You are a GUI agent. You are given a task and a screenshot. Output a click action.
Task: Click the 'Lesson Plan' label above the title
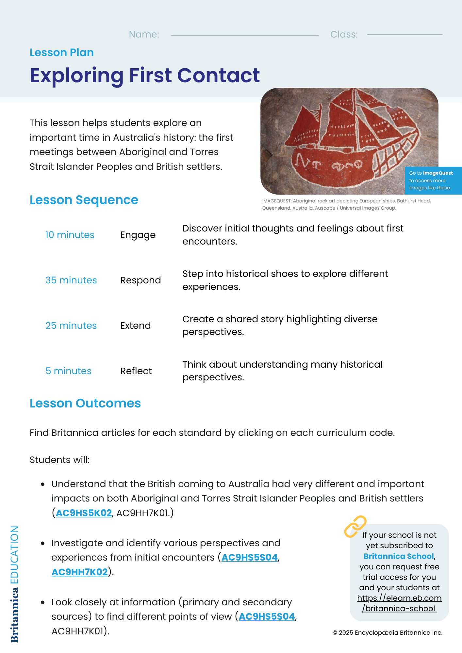click(61, 53)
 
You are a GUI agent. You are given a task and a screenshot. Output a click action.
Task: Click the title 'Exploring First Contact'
click(144, 75)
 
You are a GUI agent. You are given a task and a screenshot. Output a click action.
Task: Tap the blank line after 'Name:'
click(244, 35)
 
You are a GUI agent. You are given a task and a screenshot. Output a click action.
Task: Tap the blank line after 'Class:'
click(404, 35)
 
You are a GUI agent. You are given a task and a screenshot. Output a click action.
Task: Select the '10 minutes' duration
click(70, 235)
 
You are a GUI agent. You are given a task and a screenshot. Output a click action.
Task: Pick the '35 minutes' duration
click(71, 280)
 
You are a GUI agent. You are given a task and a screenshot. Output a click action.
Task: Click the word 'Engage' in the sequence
click(138, 235)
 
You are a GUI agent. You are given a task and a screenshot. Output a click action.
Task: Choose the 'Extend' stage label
click(135, 326)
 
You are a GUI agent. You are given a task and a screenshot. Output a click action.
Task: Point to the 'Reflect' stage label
click(136, 371)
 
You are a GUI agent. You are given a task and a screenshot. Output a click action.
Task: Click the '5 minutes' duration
click(68, 371)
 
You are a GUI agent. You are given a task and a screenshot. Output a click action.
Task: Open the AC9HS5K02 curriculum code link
click(84, 513)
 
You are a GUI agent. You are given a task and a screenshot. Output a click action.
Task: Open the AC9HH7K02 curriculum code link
click(79, 572)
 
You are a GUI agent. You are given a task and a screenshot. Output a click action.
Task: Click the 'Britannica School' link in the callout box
click(399, 556)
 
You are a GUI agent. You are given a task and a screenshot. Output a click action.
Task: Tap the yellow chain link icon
click(355, 526)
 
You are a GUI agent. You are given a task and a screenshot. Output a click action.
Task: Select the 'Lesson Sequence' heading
click(84, 200)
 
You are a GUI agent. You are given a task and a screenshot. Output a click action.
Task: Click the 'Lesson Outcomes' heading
click(85, 403)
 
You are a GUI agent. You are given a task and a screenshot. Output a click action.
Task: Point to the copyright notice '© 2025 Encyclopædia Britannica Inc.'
click(387, 633)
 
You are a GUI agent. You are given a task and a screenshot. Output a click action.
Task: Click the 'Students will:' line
click(59, 460)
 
